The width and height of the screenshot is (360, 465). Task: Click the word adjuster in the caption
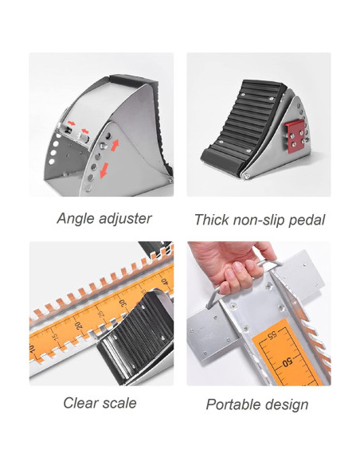(x=123, y=217)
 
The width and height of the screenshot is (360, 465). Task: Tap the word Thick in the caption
(x=211, y=219)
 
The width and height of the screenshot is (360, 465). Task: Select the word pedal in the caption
(x=305, y=220)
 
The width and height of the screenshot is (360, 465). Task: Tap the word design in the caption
(x=287, y=404)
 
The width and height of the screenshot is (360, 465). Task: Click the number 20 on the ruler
(x=78, y=326)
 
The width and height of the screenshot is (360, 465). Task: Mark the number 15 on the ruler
(x=57, y=338)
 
